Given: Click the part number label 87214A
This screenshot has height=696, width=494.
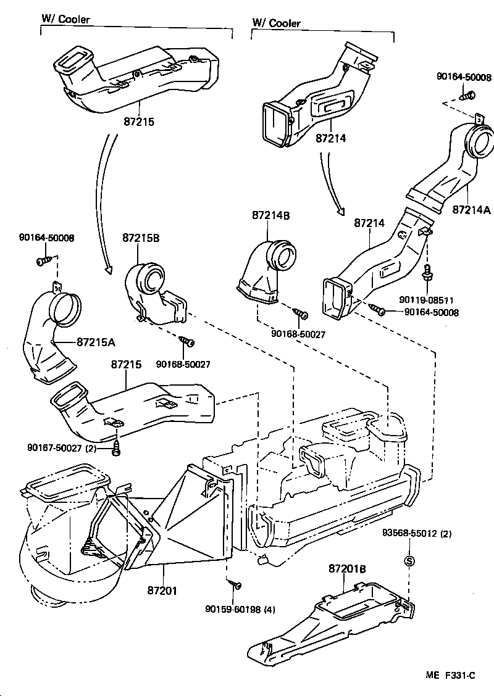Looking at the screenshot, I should (471, 209).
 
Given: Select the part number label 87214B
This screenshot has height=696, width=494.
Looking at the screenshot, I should (270, 215).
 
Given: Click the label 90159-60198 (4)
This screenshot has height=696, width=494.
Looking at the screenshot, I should (240, 609).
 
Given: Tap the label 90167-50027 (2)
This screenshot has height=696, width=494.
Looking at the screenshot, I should (62, 447).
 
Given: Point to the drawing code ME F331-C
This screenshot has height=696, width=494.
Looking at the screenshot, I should (449, 675).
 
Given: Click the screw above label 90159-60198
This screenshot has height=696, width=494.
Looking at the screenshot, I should (235, 583).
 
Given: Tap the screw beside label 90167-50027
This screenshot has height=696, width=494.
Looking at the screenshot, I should (115, 450).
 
